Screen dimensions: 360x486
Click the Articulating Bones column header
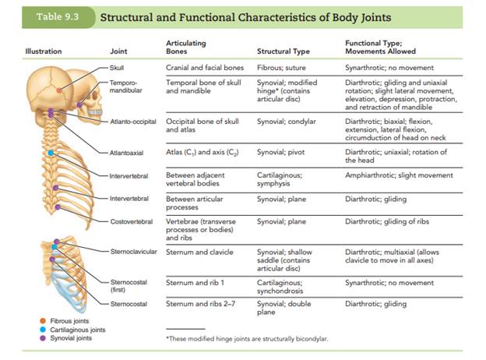(186, 48)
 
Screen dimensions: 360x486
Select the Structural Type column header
(283, 52)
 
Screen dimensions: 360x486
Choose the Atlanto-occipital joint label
(131, 122)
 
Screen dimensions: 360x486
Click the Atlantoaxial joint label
(128, 154)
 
